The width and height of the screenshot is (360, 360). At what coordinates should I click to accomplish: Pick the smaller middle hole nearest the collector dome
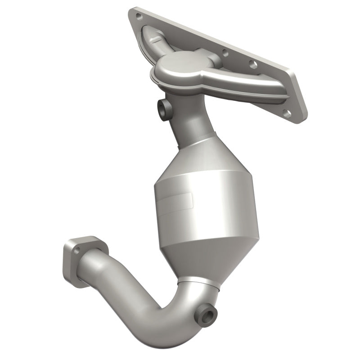[225, 53]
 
